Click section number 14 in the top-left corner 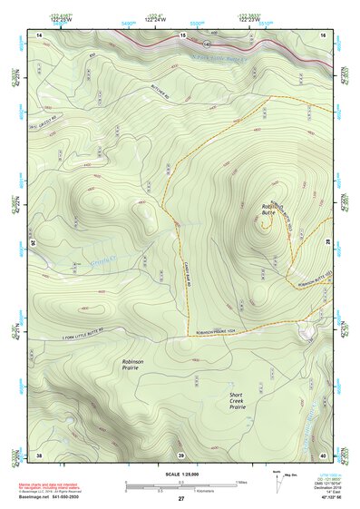click(x=40, y=34)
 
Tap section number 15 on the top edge click(x=181, y=34)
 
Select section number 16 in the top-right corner click(x=323, y=34)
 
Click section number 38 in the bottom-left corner click(x=39, y=454)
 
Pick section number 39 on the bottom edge click(x=180, y=454)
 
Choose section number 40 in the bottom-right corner click(x=323, y=454)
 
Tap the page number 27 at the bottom click(x=180, y=499)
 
